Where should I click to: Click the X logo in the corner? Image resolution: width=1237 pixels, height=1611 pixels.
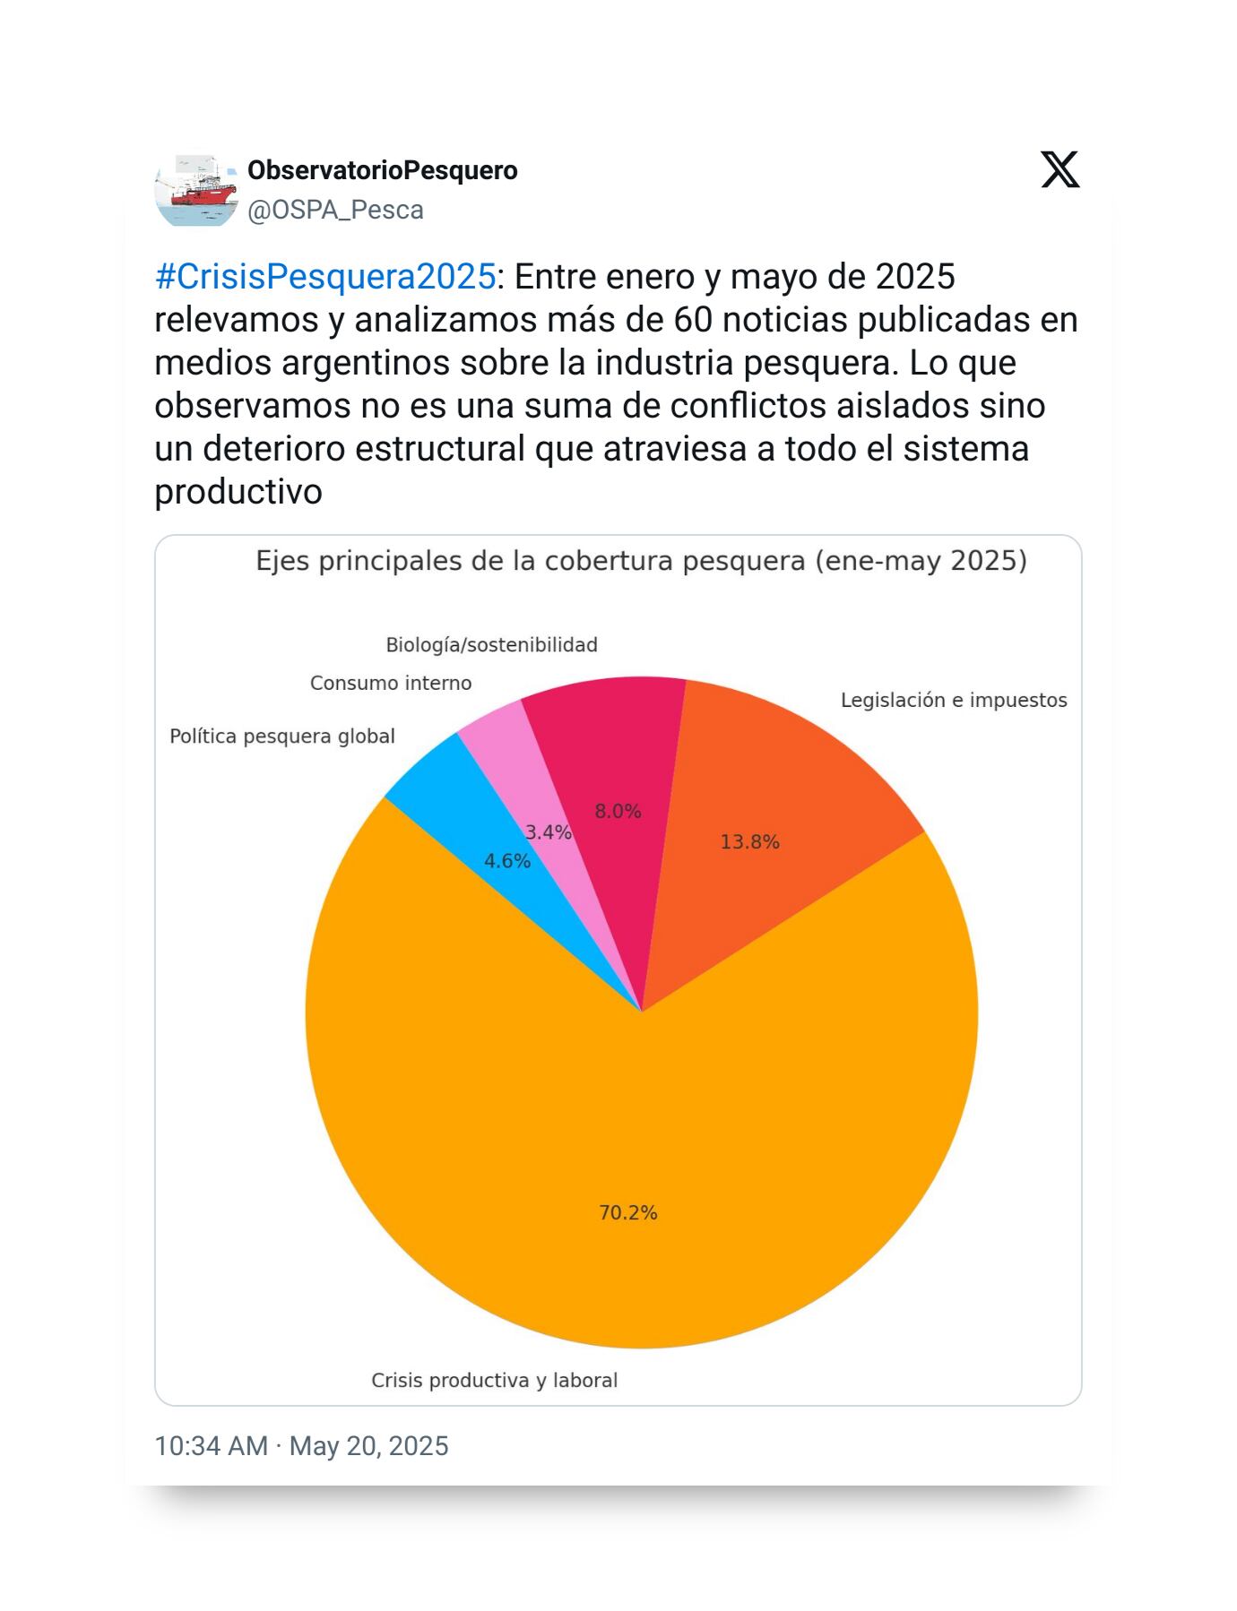(1060, 170)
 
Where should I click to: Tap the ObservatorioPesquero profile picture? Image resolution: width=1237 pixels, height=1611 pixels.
(195, 190)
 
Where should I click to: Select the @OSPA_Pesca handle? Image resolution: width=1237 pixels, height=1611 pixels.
(335, 210)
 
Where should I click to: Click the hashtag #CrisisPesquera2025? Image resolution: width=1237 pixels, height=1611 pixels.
(324, 277)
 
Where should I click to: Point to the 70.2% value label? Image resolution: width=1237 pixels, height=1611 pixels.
(627, 1212)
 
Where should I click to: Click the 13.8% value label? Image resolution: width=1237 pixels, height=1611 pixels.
(749, 841)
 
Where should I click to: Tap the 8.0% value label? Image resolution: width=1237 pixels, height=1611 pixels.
(618, 811)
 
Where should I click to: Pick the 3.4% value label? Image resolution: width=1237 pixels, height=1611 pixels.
(548, 832)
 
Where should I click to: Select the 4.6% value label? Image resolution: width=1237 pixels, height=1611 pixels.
(507, 861)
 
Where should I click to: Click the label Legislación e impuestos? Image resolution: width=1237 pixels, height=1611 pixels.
(954, 700)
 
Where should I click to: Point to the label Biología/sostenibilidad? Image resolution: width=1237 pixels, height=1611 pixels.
(491, 645)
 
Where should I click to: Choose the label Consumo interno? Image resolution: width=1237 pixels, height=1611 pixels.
(391, 683)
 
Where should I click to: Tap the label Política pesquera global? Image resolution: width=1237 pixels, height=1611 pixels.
(282, 737)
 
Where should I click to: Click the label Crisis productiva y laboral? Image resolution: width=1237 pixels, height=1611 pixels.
(495, 1380)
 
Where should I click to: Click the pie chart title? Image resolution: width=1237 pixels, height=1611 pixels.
(641, 561)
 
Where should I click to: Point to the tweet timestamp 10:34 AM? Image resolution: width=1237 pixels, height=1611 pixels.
(211, 1445)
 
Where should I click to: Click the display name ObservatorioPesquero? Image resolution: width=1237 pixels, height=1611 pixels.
(383, 170)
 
